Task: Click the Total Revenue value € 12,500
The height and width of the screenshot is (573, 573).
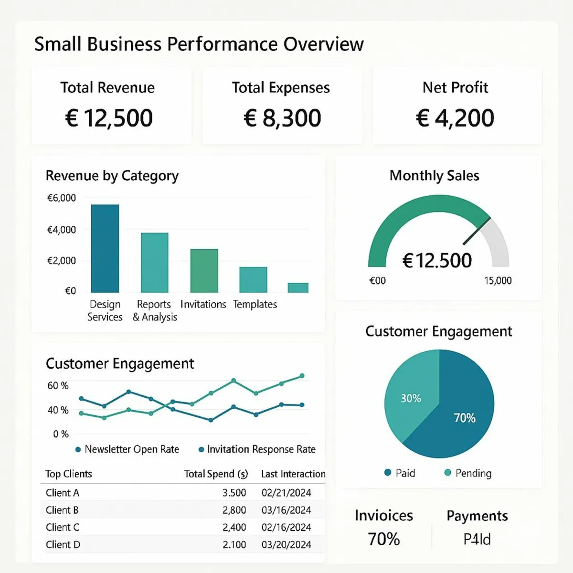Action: coord(109,118)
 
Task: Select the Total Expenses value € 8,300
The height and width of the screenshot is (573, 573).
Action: coord(282,118)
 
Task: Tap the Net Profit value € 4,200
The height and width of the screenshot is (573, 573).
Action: coord(455,118)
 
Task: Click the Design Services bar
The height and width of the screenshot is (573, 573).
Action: coord(105,248)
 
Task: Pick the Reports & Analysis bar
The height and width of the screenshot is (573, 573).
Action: coord(155,263)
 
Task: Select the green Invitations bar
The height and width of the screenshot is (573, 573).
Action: coord(204,270)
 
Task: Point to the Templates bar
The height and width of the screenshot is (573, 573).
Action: coord(253,279)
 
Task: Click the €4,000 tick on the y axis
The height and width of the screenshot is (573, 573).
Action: coord(62,230)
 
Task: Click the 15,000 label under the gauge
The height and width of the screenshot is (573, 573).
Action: coord(498,281)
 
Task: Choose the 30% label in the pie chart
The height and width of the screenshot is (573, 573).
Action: coord(411,398)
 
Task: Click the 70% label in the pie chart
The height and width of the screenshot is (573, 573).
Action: coord(465,418)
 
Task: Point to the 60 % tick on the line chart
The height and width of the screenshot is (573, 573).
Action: coord(58,385)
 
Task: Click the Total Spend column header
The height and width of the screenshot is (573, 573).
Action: coord(216,474)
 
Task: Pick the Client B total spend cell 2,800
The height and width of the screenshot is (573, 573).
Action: coord(234,510)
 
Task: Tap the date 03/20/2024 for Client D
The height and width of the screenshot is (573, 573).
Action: coord(286,544)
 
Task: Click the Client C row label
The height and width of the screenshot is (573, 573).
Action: coord(63,527)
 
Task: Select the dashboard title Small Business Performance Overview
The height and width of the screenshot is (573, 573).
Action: coord(199,44)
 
